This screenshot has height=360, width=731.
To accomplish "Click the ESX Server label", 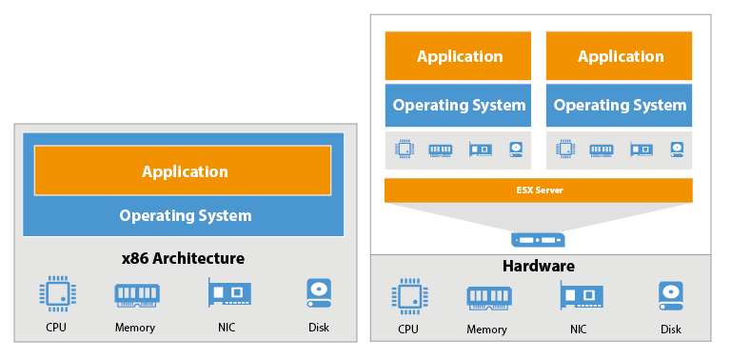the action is coord(539,190).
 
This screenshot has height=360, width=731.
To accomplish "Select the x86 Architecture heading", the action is coord(183,258).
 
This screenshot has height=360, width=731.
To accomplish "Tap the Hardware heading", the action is coord(539,267).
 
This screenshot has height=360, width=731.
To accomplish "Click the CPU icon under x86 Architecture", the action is coord(57,293).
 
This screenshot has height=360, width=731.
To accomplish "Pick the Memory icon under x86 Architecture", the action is coord(137,295).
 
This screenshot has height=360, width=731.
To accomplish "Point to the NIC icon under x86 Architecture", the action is coord(228,292).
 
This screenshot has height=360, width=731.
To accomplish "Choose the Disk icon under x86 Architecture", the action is coord(319,292).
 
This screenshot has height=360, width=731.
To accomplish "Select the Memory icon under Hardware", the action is coord(489,298).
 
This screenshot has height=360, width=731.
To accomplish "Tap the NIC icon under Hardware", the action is coord(582,295).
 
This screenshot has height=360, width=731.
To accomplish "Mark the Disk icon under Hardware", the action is coord(671,295).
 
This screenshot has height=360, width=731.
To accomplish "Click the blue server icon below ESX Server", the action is coord(538,240).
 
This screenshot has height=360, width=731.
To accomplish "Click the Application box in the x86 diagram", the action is coord(183,170).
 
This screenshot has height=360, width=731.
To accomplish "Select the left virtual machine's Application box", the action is coord(458,56).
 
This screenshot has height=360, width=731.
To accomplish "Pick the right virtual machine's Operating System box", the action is coord(619,106).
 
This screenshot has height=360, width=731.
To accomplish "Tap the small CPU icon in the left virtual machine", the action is coord(405,150).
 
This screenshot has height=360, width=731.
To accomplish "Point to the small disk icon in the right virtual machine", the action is coord(677,150).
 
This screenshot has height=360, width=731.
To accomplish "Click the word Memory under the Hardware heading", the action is coord(486,330).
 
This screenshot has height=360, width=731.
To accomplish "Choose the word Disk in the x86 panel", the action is coord(319,328).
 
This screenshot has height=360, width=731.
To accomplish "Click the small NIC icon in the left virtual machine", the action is coord(481,150).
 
